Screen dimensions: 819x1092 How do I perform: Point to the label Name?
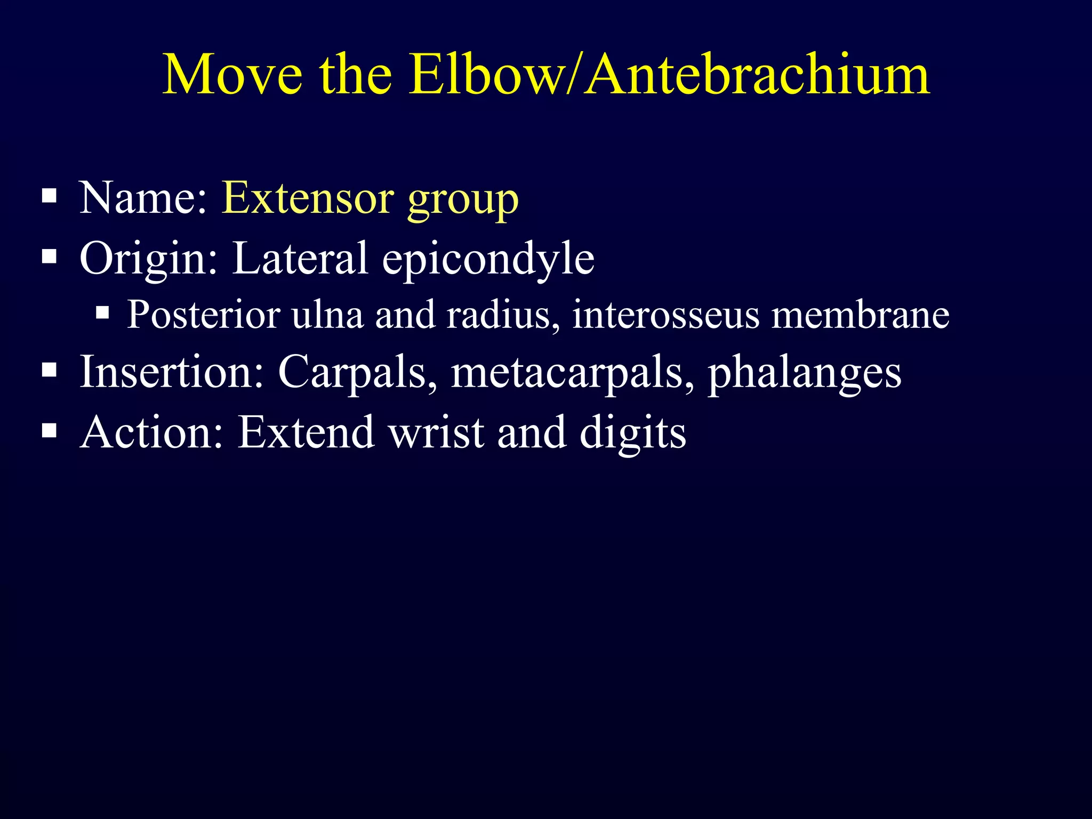click(x=143, y=198)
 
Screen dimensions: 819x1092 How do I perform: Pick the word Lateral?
click(x=300, y=259)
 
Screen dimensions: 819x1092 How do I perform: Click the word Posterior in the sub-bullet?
click(x=203, y=315)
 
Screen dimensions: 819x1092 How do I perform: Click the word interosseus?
click(x=665, y=315)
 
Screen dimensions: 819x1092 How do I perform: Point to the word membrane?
click(x=860, y=315)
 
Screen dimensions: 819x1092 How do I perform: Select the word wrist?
click(x=436, y=432)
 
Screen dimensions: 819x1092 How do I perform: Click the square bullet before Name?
click(x=49, y=196)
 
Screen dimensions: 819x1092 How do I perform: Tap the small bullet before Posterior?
click(x=102, y=312)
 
